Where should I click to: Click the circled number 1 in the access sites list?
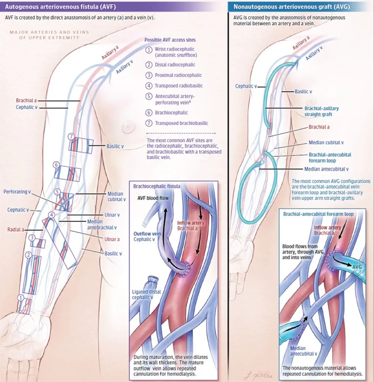(150, 50)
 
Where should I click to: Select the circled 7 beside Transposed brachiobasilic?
(150, 123)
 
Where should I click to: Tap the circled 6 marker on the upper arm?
(56, 165)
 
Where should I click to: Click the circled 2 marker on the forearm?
(27, 254)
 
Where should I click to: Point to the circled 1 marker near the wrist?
(21, 297)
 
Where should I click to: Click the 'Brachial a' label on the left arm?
(26, 100)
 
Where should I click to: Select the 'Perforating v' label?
(17, 191)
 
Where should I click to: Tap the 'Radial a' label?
(16, 230)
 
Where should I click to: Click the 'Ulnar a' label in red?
(112, 239)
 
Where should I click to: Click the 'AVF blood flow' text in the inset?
(153, 198)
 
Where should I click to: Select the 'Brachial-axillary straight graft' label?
(321, 111)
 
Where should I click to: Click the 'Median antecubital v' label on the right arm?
(326, 169)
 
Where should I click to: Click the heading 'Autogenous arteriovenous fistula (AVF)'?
(60, 7)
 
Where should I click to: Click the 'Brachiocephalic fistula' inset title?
(157, 186)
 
